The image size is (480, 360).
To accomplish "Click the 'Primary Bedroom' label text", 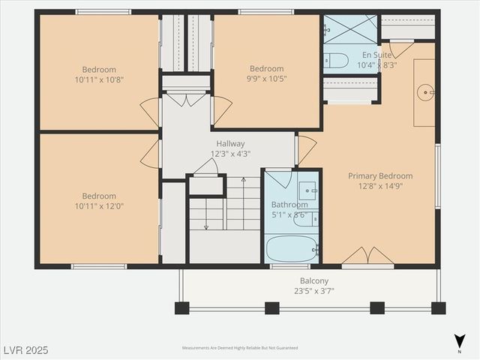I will (379, 176).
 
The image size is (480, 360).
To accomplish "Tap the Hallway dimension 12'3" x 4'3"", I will (230, 154).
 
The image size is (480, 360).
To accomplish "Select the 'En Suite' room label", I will (377, 55).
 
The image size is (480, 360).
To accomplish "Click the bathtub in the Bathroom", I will (291, 247).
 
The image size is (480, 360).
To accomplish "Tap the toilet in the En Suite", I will (336, 60).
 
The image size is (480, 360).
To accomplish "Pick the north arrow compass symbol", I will (460, 342).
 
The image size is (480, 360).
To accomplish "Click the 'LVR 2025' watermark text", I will (26, 349).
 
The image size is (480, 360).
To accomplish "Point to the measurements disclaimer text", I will (239, 348).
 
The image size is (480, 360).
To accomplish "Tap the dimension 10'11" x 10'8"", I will (99, 79).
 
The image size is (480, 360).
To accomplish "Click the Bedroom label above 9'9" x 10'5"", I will (266, 68).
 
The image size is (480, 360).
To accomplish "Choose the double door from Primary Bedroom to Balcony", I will (367, 256).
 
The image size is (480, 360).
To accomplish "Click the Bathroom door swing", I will (279, 178).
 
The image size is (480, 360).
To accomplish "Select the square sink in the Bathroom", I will (306, 190).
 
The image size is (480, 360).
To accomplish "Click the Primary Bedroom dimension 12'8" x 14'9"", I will (379, 186).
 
